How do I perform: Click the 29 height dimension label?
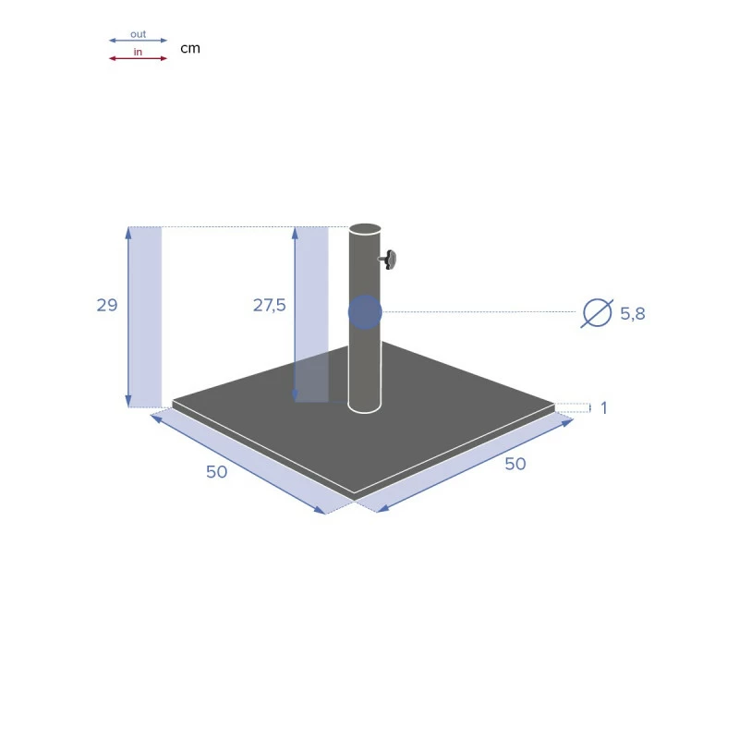pos(107,306)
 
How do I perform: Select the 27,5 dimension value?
pos(270,306)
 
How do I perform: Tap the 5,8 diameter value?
pos(633,313)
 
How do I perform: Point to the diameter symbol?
pos(597,313)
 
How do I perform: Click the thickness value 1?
pos(604,407)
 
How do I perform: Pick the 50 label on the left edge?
pos(217,472)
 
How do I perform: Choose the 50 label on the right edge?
pos(515,464)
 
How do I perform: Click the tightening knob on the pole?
pos(388,260)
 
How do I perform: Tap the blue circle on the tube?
pos(365,312)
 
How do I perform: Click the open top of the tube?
pos(365,229)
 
